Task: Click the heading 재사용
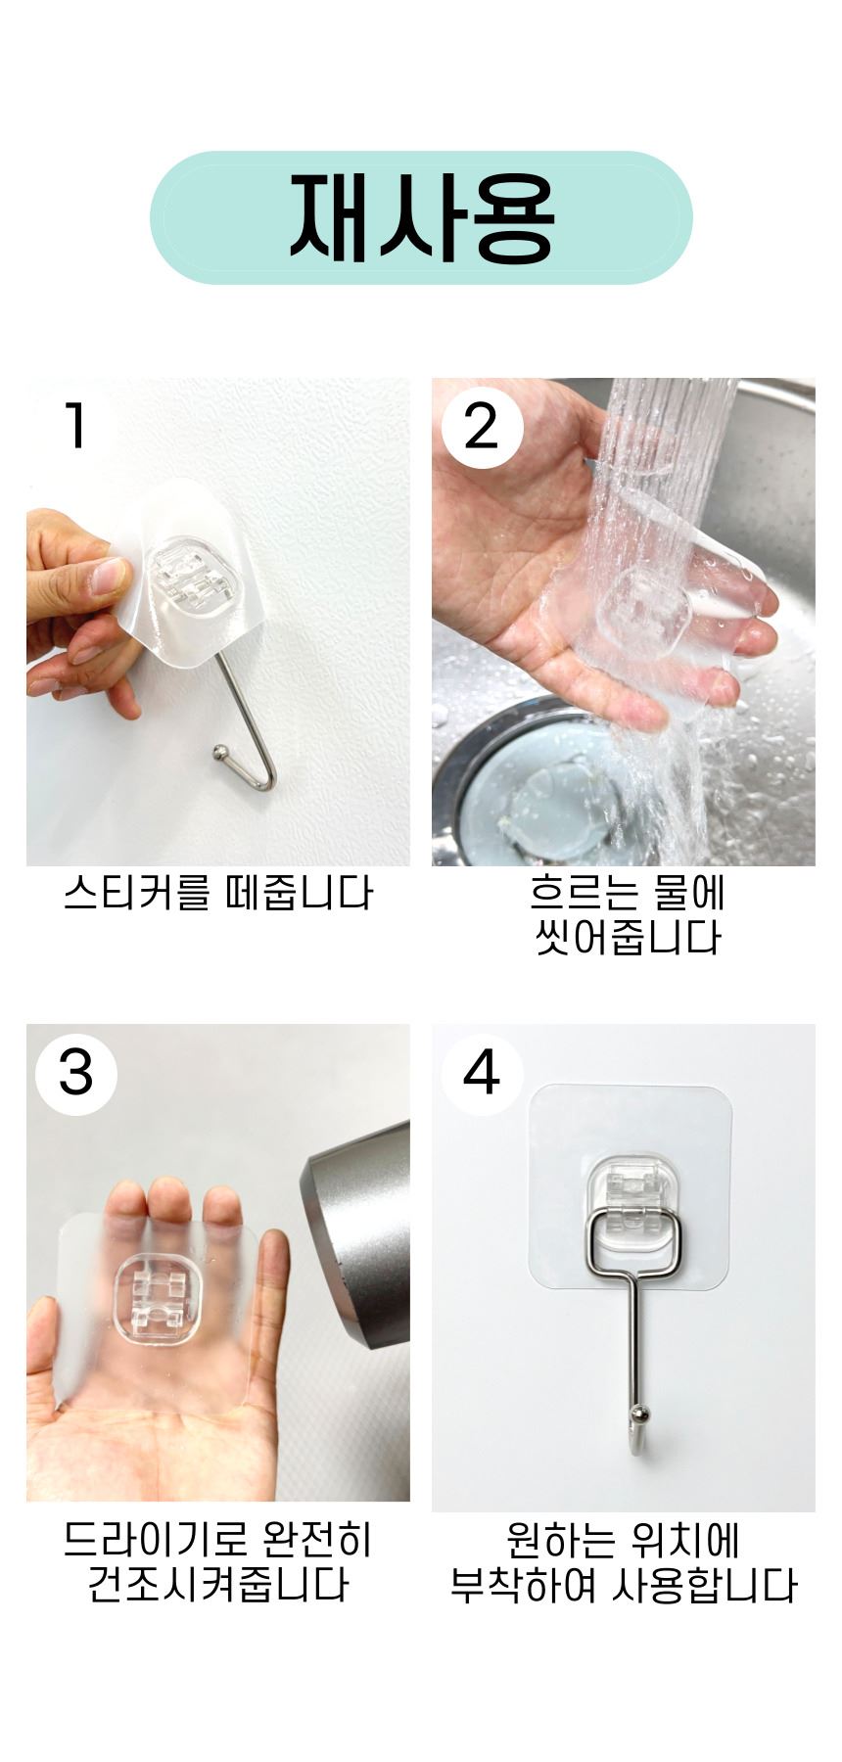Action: coord(421,217)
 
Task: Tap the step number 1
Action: coord(75,426)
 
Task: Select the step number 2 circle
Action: coord(482,427)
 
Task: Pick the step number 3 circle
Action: coord(76,1074)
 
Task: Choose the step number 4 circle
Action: coord(482,1074)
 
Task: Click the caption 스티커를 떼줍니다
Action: coord(218,894)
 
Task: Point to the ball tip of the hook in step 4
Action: coord(638,1413)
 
